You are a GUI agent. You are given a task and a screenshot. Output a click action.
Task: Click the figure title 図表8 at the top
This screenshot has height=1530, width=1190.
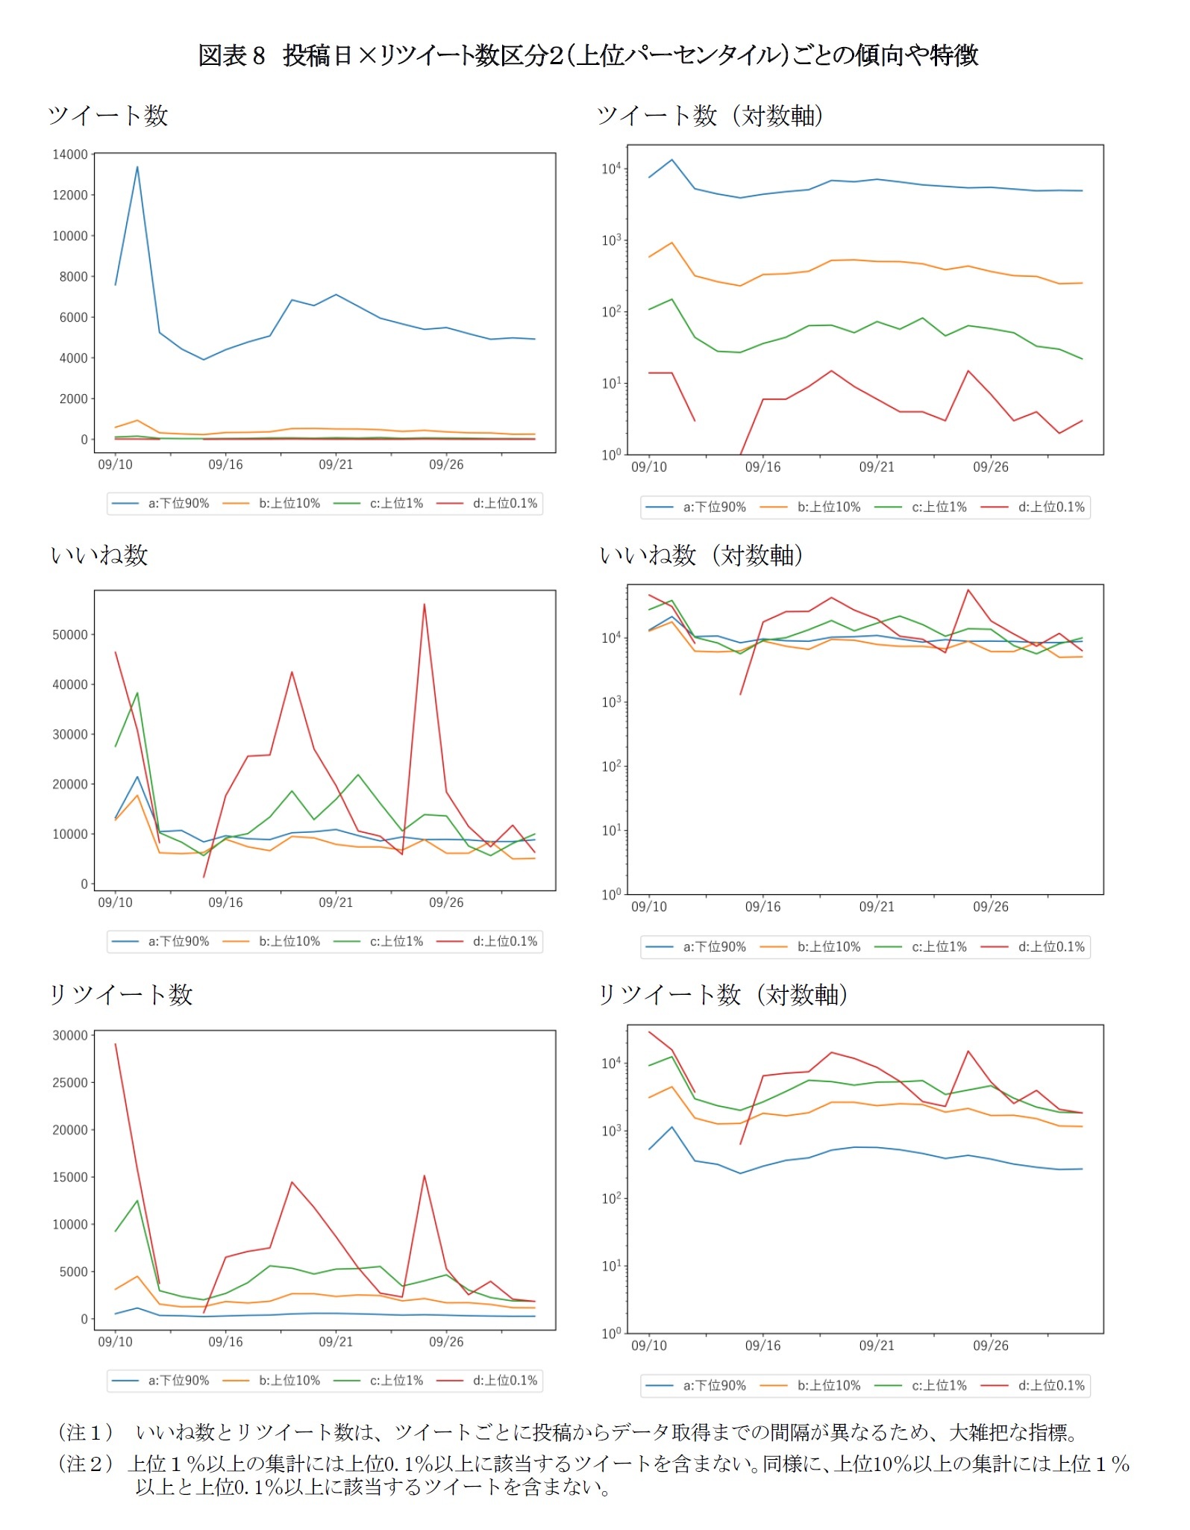coord(231,55)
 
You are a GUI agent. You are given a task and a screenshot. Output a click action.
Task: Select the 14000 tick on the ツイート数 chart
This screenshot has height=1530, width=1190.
coord(69,154)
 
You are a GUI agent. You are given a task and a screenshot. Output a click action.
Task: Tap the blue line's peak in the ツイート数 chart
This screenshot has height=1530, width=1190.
coord(137,167)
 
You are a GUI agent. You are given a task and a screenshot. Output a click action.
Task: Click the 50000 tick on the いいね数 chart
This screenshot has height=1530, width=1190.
coord(69,635)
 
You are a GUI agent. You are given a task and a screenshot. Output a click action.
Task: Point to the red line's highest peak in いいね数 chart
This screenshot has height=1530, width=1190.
coord(424,605)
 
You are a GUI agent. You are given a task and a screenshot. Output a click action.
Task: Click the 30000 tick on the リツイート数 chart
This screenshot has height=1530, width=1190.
coord(69,1035)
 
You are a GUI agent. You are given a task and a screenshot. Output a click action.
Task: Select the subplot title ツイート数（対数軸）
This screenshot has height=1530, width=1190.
coord(710,116)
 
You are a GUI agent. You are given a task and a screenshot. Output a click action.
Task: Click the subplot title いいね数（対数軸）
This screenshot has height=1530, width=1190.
coord(701,555)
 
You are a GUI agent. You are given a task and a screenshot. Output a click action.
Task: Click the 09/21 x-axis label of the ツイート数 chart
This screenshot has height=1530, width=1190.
coord(336,465)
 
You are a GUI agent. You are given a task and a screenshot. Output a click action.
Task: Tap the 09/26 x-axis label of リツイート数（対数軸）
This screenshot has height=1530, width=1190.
coord(990,1346)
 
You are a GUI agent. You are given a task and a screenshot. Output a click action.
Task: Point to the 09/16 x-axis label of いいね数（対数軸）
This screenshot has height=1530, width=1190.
coord(762,907)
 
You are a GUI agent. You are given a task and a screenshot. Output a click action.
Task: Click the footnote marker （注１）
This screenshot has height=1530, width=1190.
coord(86,1432)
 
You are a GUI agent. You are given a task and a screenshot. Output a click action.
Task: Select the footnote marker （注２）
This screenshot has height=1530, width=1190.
coord(86,1464)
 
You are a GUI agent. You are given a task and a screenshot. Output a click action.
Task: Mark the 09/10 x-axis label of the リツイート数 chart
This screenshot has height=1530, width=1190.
coord(115,1342)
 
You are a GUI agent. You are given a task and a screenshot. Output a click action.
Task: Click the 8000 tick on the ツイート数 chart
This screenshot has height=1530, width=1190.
coord(73,277)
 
